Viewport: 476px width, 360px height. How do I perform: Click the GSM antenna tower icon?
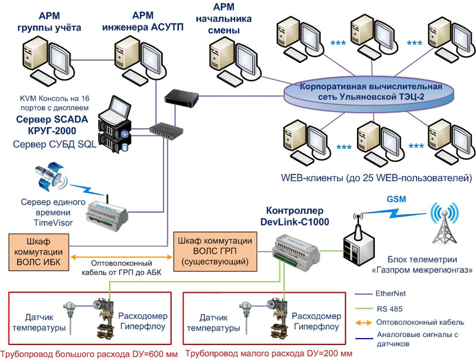coord(446,226)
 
